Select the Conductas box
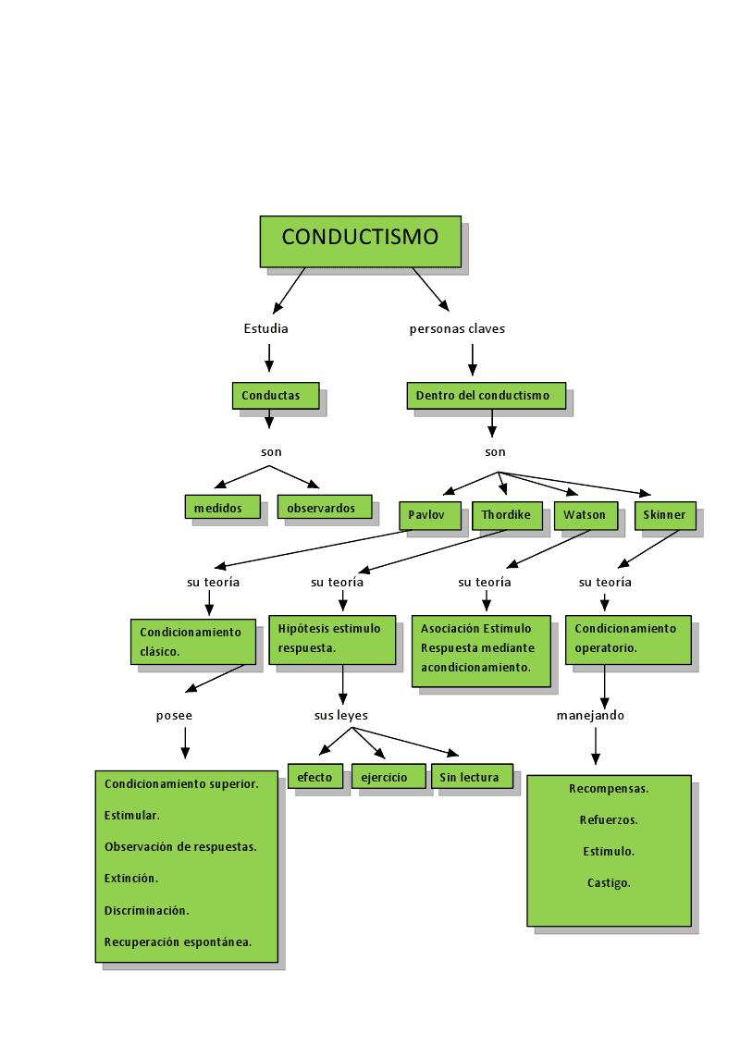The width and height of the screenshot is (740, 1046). (276, 396)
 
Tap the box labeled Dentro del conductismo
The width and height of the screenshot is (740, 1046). (486, 396)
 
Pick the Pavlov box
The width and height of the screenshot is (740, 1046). (430, 515)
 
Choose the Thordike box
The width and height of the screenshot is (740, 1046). (508, 515)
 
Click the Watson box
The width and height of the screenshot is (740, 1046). (586, 515)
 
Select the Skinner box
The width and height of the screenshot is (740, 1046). (665, 515)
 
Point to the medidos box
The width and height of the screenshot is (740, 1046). (222, 508)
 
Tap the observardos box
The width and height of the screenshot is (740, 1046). (324, 508)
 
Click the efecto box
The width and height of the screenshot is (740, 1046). (315, 777)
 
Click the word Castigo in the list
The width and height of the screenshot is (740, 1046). (609, 883)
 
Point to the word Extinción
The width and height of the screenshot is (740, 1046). (131, 879)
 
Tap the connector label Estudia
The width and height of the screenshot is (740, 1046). (266, 329)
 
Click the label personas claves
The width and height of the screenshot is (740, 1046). (457, 329)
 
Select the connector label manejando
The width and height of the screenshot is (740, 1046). (590, 716)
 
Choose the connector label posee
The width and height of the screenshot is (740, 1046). (175, 716)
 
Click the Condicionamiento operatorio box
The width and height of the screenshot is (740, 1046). (627, 639)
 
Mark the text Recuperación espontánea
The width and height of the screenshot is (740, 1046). (179, 942)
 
